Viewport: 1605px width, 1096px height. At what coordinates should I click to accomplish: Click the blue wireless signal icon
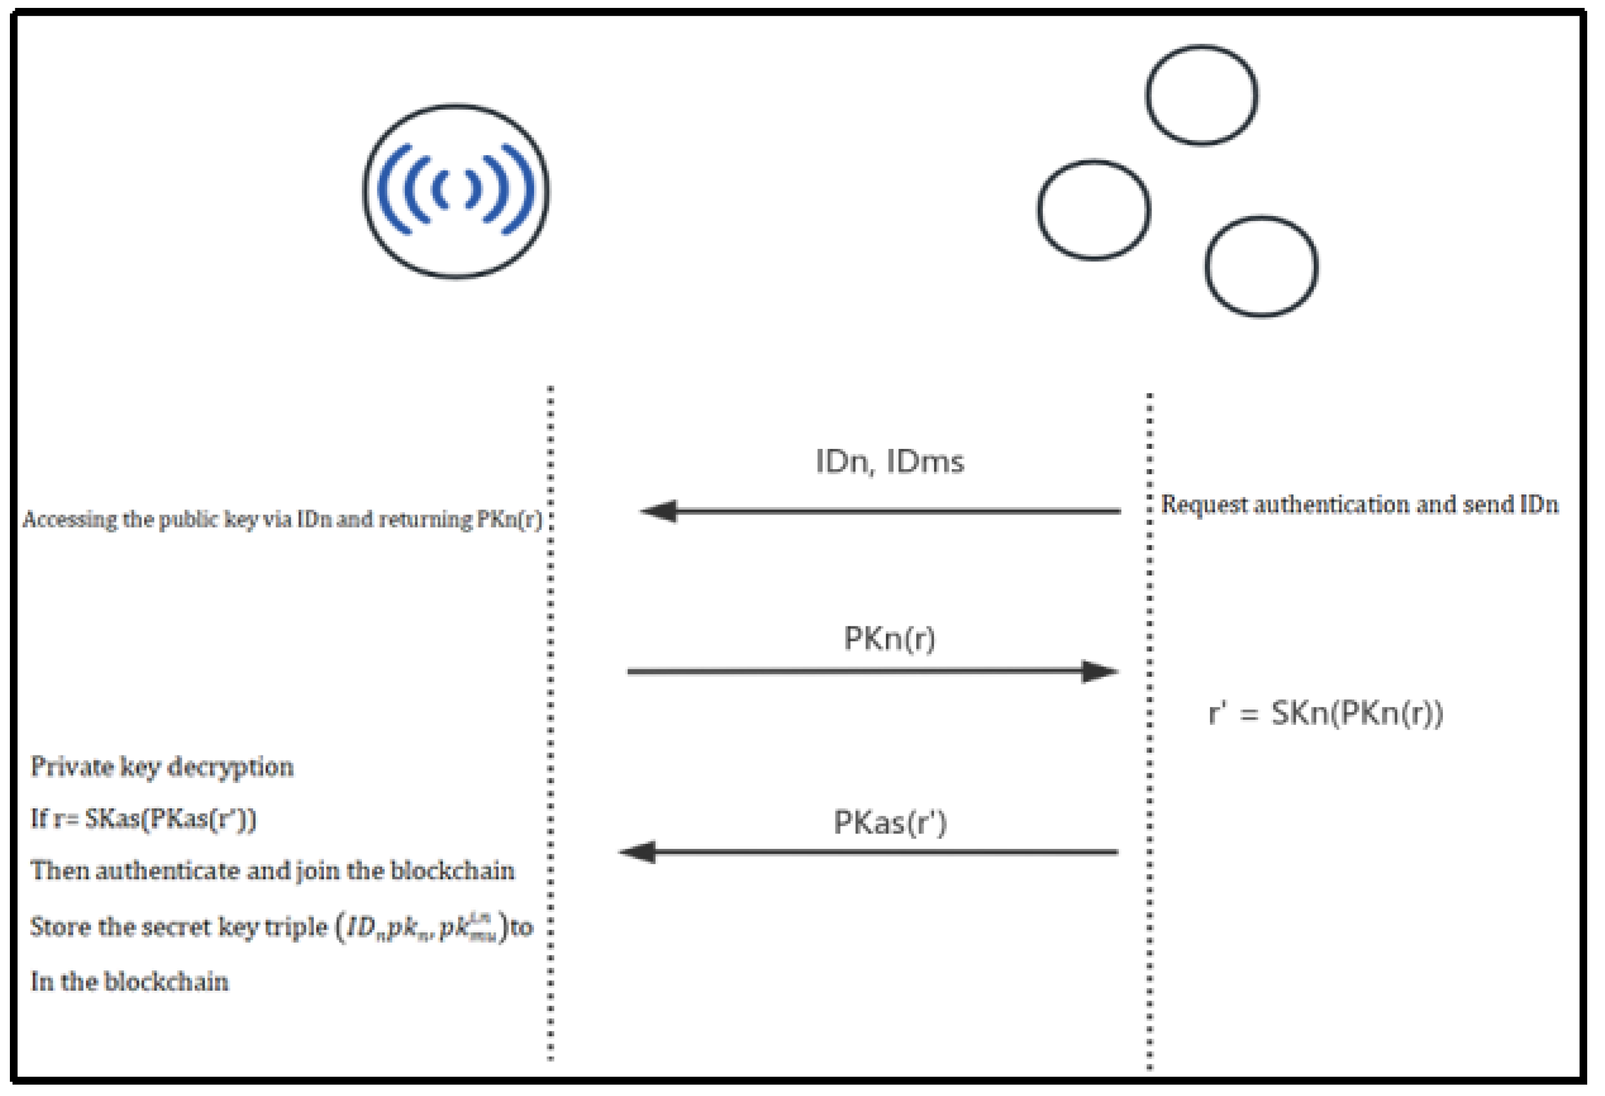click(x=456, y=191)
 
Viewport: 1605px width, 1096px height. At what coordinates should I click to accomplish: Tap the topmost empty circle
click(x=1201, y=95)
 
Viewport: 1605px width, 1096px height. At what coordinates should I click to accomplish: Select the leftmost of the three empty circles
click(x=1093, y=210)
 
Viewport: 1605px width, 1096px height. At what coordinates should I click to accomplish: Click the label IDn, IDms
click(x=890, y=461)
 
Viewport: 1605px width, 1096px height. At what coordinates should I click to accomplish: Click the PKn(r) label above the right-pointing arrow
click(x=890, y=638)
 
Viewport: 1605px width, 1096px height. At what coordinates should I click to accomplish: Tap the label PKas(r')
click(x=890, y=822)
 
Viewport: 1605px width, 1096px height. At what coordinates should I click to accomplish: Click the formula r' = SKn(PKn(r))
click(x=1325, y=713)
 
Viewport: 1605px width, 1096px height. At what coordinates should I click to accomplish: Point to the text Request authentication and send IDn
click(x=1359, y=504)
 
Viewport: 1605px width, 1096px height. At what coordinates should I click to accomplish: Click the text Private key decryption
click(x=162, y=767)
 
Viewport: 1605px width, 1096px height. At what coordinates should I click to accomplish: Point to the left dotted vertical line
click(x=550, y=691)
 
